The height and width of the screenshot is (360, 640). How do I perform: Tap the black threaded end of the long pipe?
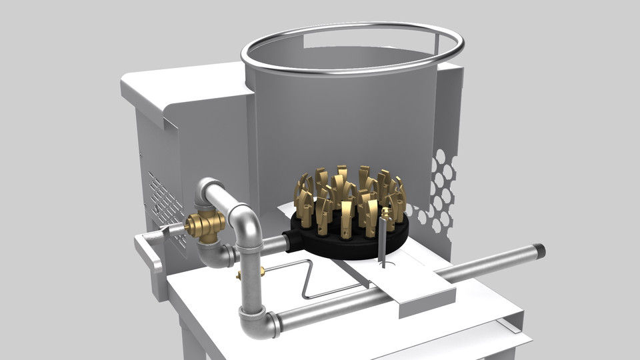point(539,251)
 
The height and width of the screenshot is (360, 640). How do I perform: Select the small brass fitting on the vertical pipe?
point(261,271)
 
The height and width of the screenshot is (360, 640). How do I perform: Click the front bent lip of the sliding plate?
point(427,303)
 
